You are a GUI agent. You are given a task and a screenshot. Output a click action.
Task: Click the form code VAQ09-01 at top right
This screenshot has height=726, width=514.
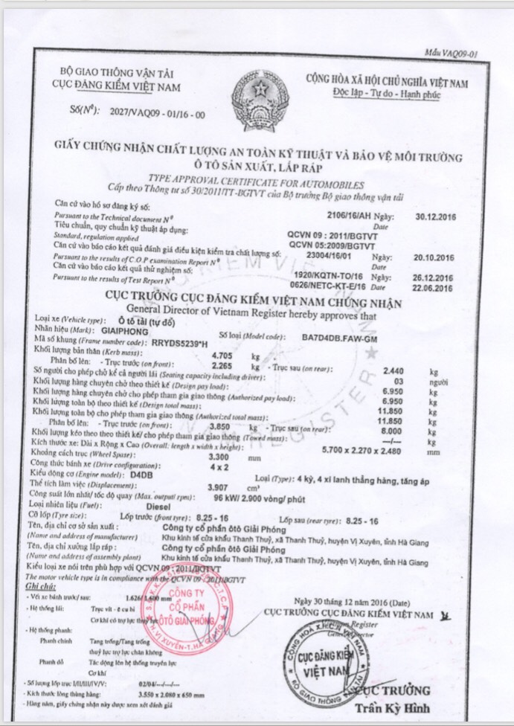click(451, 54)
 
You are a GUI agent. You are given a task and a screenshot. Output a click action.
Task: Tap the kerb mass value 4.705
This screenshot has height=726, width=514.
click(222, 355)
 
